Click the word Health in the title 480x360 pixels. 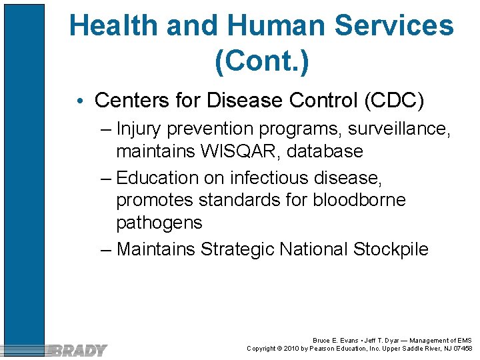113,26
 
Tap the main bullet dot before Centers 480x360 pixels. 80,101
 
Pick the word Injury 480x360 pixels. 139,128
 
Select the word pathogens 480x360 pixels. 159,222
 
